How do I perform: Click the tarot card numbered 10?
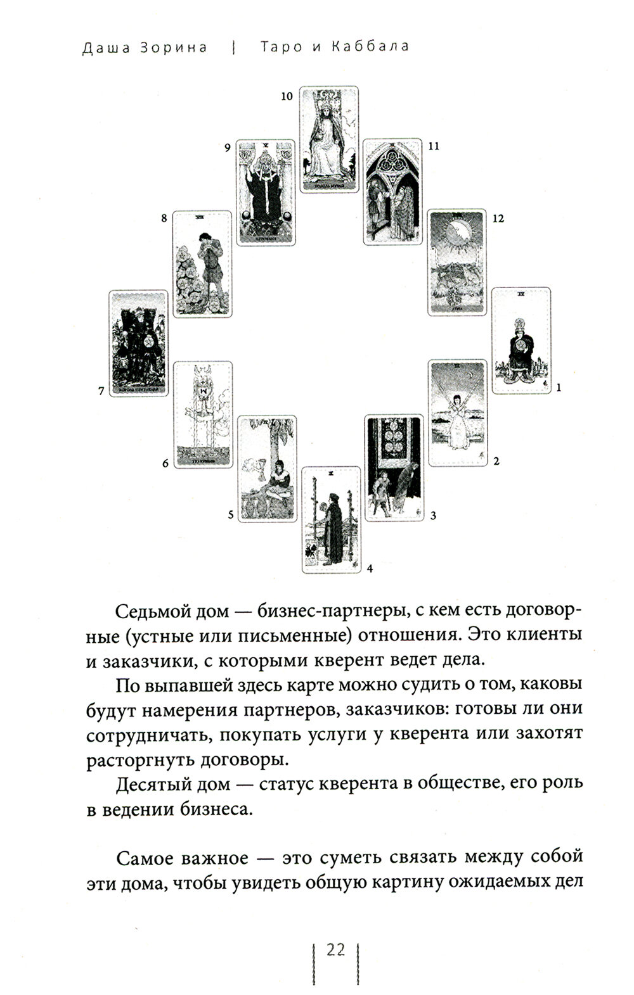coord(329,139)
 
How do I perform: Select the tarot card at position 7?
coord(139,343)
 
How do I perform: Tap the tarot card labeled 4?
coord(330,520)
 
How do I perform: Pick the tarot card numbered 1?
coord(522,340)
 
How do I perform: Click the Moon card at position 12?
coord(458,262)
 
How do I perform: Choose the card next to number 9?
coord(266,192)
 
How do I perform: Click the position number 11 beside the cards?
coord(434,146)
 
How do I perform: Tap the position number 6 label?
coord(165,464)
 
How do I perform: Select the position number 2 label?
coord(496,461)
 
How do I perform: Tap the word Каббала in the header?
coord(370,47)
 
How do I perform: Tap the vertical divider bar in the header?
coord(235,48)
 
